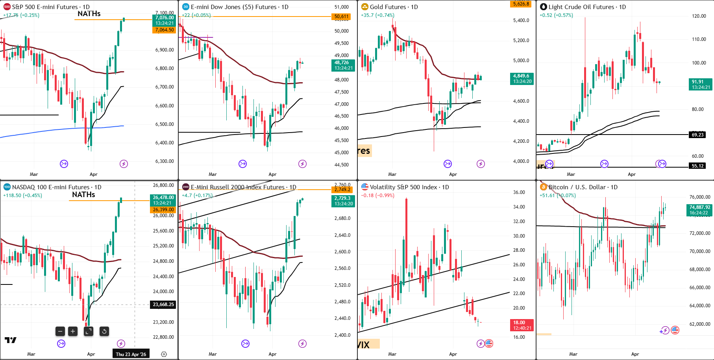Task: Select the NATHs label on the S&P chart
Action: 89,14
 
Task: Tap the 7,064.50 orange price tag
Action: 164,30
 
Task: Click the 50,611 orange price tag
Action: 341,17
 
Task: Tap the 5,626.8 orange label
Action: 521,4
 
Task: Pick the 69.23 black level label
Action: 697,135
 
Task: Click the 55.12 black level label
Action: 697,166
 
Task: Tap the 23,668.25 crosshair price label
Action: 163,305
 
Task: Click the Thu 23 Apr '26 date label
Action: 131,354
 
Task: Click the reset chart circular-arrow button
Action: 104,331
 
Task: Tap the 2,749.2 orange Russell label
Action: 342,190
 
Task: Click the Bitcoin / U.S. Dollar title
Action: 583,187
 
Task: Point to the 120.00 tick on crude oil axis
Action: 699,16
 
